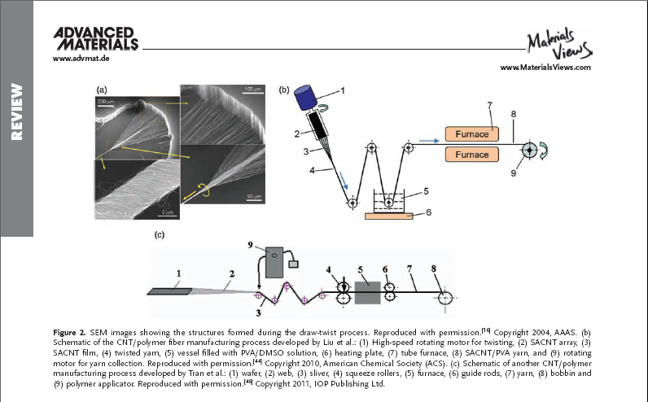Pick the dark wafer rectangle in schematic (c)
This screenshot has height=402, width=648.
[165, 290]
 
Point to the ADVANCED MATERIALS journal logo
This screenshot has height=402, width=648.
[95, 37]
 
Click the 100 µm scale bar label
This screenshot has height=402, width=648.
[255, 88]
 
